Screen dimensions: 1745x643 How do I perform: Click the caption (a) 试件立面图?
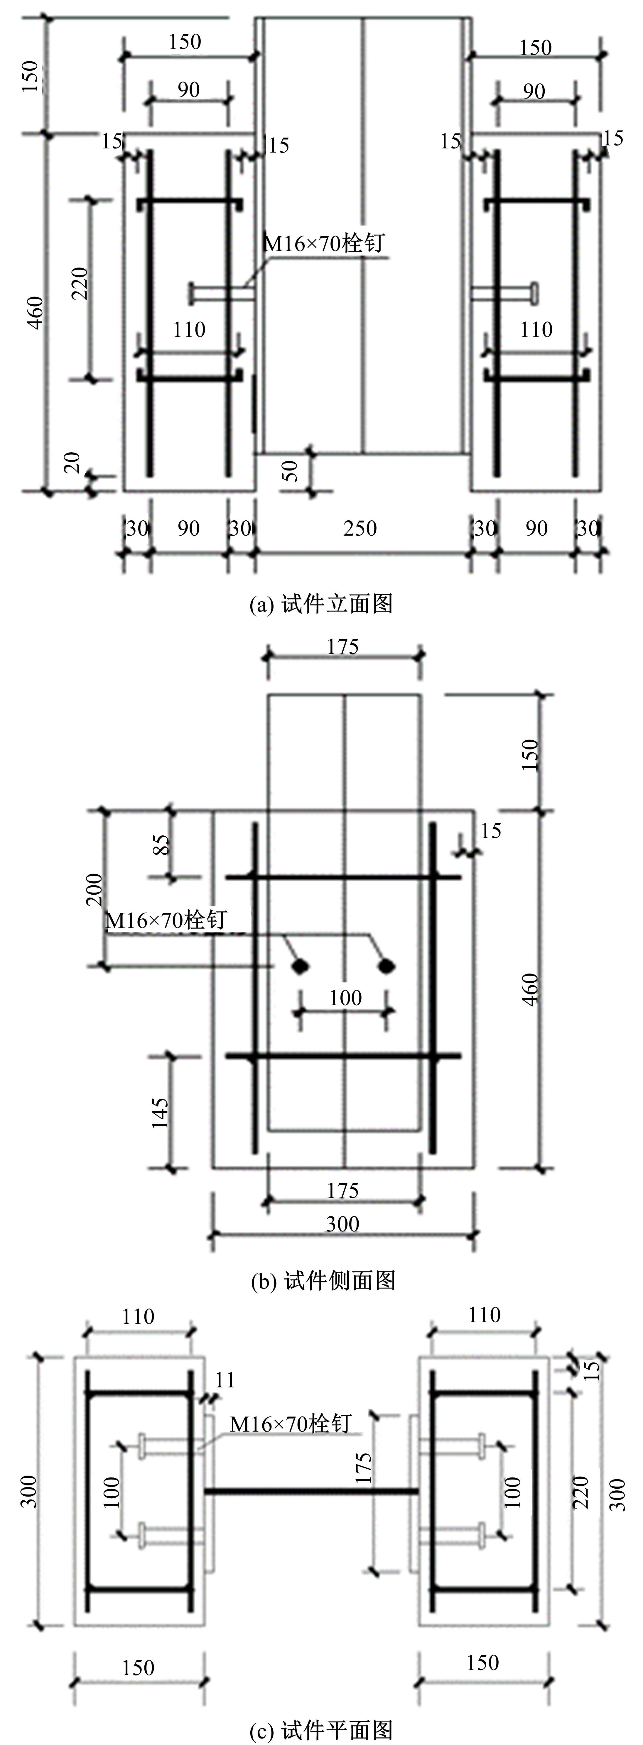(x=321, y=604)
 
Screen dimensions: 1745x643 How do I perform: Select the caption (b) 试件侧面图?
(x=323, y=1279)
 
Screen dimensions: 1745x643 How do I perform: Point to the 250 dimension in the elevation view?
(x=360, y=528)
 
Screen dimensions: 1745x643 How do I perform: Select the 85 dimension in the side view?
(x=161, y=844)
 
